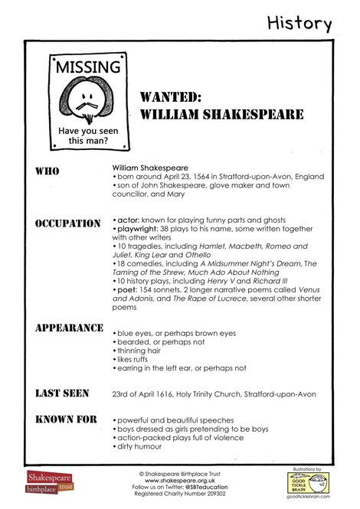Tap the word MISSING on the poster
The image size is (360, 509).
[87, 67]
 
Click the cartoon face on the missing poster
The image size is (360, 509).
[87, 98]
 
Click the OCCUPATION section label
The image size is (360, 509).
[67, 224]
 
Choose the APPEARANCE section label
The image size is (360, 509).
[69, 328]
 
